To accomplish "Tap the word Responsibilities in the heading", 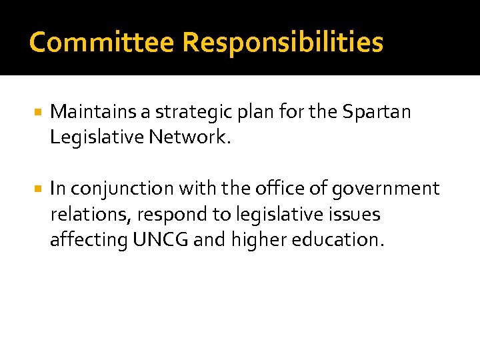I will click(x=283, y=43).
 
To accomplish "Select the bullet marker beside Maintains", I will click(x=38, y=112).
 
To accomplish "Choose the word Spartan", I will click(x=377, y=112).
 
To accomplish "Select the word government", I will click(x=385, y=189).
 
